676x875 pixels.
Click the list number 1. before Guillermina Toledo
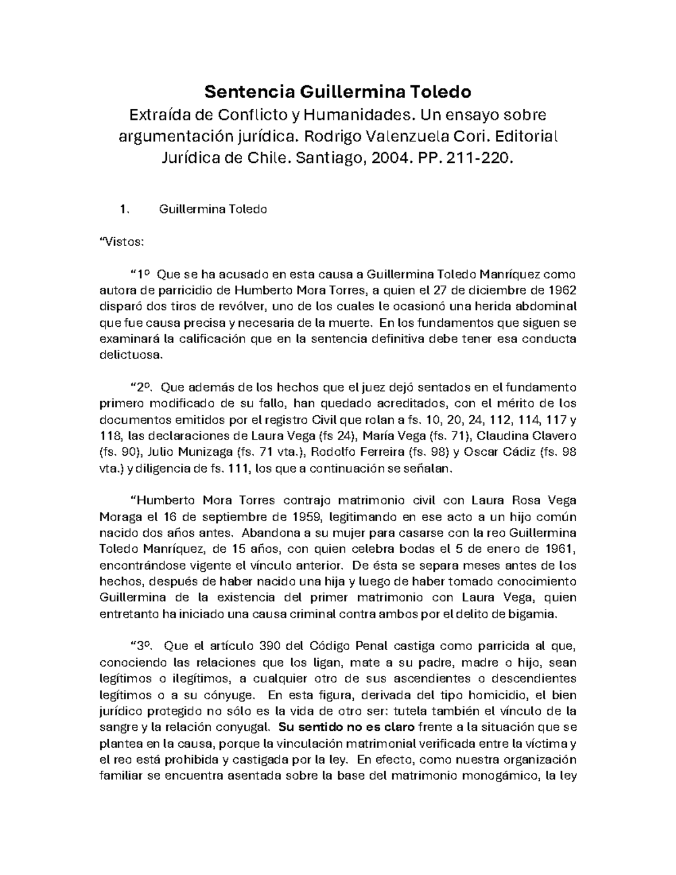[125, 210]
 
